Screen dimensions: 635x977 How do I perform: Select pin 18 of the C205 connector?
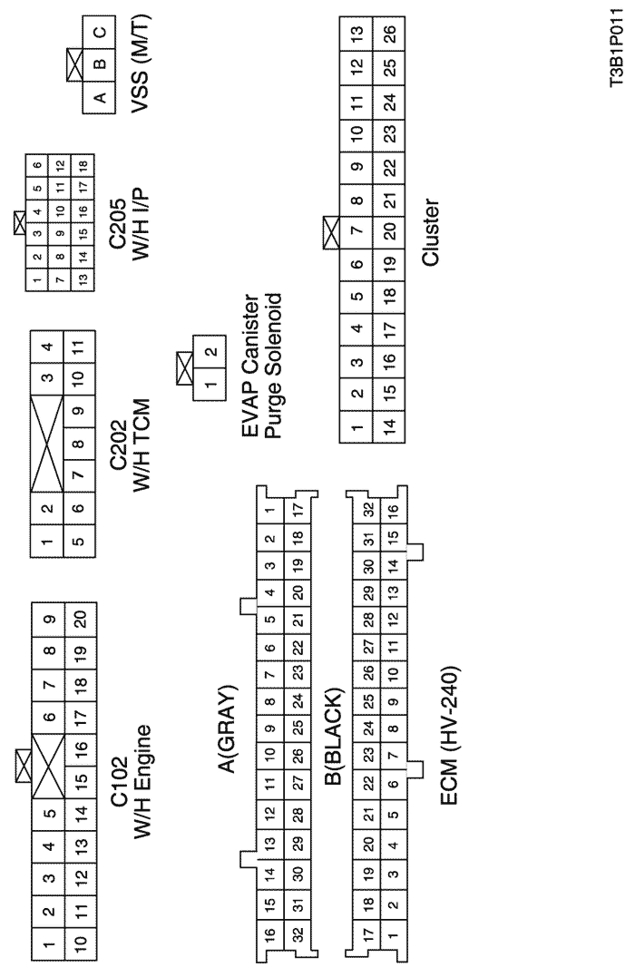coord(83,165)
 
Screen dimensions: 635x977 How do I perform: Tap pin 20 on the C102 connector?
coord(81,619)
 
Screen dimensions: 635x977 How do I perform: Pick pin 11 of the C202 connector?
coord(79,347)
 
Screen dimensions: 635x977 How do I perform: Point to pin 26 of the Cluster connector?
coord(389,34)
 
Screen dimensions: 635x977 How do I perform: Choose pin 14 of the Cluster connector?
coord(389,426)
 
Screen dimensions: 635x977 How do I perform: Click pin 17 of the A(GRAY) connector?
coord(298,509)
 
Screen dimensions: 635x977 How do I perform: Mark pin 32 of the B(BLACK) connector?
coord(369,509)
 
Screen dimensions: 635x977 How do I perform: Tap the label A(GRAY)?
coord(228,728)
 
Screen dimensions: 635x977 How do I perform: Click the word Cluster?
coord(431,233)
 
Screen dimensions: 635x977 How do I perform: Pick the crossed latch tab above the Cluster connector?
coord(331,233)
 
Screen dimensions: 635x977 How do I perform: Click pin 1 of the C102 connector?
coord(48,944)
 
